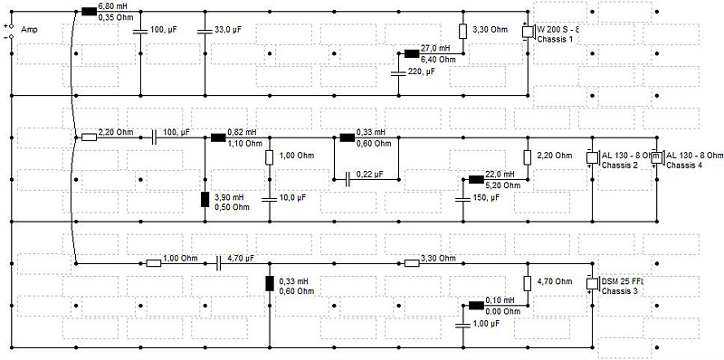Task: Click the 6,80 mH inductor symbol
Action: [89, 12]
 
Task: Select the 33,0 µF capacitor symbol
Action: [205, 32]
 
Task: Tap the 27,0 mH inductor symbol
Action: [412, 53]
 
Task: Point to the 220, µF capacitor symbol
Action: [398, 74]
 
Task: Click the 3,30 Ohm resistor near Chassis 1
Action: [462, 32]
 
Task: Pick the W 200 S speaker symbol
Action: [529, 33]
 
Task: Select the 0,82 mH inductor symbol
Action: [218, 137]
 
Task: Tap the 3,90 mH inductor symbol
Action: [205, 199]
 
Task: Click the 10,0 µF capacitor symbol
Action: [269, 199]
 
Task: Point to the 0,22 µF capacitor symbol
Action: [348, 179]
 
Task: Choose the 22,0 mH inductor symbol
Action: [476, 179]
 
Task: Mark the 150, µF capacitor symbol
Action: [462, 199]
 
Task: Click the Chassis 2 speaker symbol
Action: [593, 158]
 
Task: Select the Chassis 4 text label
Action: [685, 165]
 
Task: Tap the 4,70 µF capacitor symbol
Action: [219, 263]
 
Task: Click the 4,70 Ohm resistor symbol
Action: [528, 283]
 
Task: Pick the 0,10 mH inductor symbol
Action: [476, 305]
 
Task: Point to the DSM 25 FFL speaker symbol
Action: [593, 283]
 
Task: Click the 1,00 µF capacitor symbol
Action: [462, 326]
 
